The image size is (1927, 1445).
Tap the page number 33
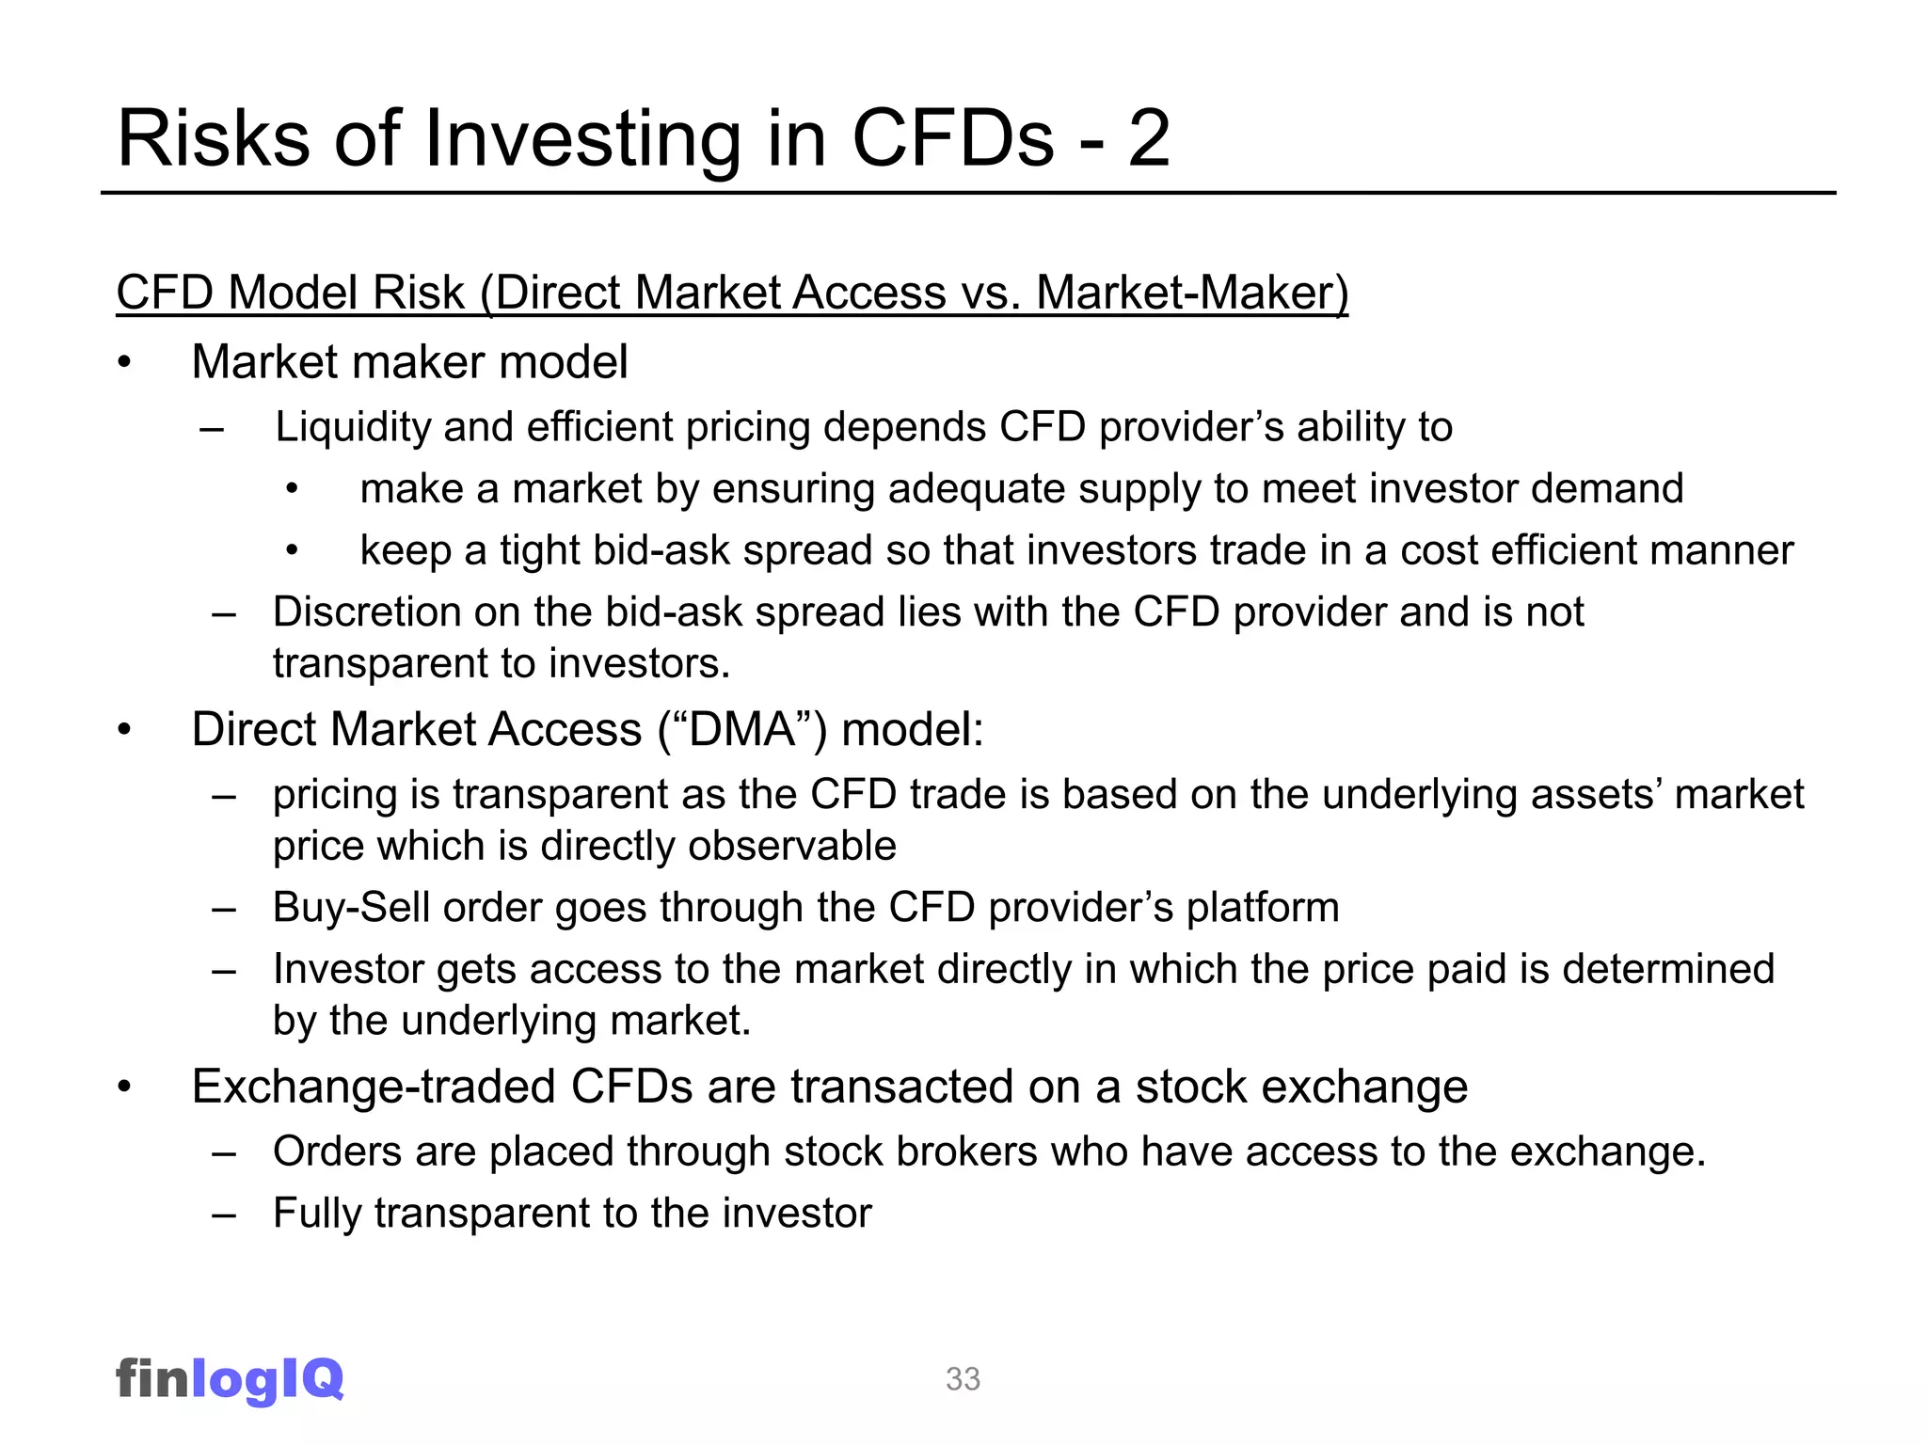[x=963, y=1379]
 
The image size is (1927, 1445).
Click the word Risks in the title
[x=213, y=139]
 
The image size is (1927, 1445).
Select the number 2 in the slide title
[x=1148, y=139]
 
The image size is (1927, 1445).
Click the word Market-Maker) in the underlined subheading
[x=1192, y=293]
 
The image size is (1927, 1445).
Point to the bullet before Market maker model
[x=124, y=363]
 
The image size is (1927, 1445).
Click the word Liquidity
[x=353, y=428]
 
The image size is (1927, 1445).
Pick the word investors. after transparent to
[x=640, y=664]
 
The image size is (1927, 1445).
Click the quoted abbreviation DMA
[x=742, y=730]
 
